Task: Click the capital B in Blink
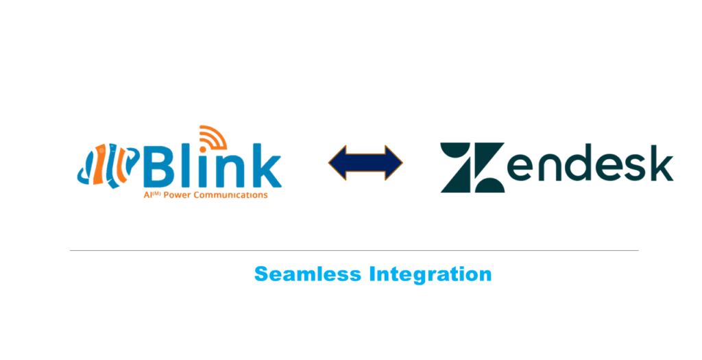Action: click(158, 166)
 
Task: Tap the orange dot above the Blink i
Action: click(203, 145)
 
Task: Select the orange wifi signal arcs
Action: click(213, 136)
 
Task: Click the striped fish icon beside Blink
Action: click(108, 165)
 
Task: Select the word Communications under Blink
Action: click(228, 195)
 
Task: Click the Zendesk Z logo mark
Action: click(472, 167)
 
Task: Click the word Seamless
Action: click(308, 274)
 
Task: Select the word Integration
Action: click(431, 274)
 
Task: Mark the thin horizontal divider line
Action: click(354, 251)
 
